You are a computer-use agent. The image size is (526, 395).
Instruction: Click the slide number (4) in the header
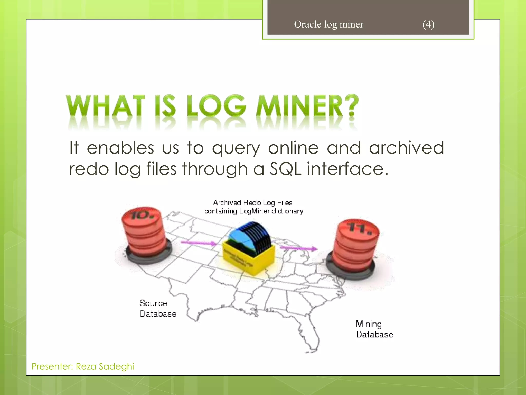(x=428, y=24)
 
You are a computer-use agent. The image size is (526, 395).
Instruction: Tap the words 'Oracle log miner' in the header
(x=328, y=24)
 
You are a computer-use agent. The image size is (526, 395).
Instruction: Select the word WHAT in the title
(x=106, y=106)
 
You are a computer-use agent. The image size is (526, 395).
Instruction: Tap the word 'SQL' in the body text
(x=285, y=169)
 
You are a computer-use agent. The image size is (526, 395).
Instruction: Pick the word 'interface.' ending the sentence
(x=347, y=169)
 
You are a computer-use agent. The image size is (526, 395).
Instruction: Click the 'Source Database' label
(x=158, y=308)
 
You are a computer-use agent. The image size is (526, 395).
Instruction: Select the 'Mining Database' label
(x=374, y=329)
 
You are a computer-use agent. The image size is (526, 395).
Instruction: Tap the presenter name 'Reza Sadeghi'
(x=105, y=366)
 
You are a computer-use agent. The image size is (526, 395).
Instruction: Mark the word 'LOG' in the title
(x=216, y=106)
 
